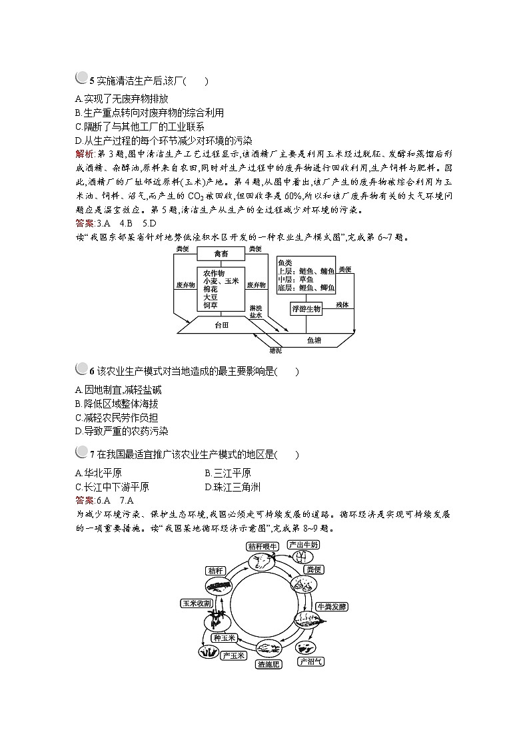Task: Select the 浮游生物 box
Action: [x=306, y=309]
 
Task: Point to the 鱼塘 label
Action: [x=313, y=340]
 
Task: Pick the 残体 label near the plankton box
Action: [x=342, y=304]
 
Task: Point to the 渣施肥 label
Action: [x=270, y=663]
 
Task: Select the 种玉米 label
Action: [x=225, y=638]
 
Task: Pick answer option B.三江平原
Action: [x=228, y=473]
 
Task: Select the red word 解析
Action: [x=86, y=154]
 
